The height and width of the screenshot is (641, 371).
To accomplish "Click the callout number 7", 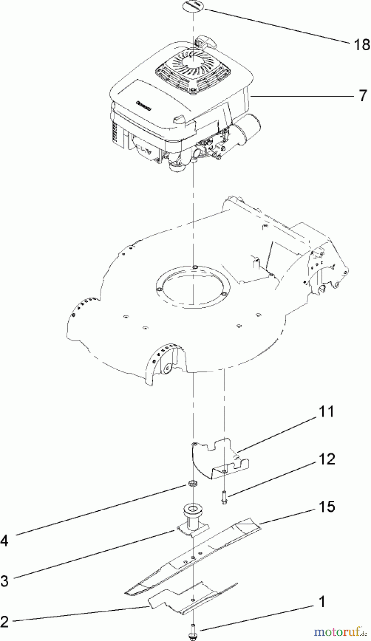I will (362, 96).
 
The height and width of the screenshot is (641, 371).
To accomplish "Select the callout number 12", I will (327, 459).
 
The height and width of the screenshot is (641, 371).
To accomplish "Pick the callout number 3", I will (5, 582).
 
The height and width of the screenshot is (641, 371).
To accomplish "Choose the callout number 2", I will (5, 622).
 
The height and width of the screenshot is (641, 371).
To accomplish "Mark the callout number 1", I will (321, 602).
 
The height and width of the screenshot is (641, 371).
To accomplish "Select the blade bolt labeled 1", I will (193, 631).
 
